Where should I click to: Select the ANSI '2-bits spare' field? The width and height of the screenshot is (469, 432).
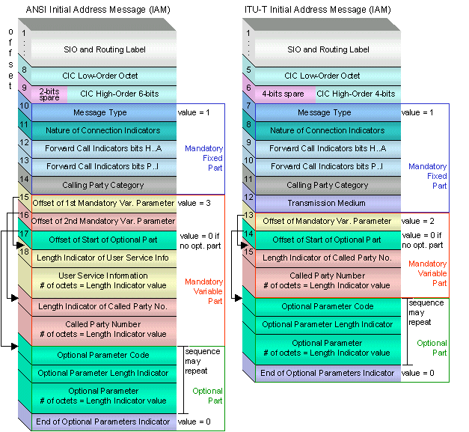49,94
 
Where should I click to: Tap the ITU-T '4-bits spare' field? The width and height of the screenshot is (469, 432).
283,94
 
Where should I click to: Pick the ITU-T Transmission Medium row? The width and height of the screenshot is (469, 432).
328,203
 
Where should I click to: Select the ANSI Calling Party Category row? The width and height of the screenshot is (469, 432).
102,184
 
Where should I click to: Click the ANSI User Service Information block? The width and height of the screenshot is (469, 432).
102,280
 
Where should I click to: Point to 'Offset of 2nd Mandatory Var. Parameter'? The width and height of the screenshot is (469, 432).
102,221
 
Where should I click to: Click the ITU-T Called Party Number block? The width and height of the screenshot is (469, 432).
328,280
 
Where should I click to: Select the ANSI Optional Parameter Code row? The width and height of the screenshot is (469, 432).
102,355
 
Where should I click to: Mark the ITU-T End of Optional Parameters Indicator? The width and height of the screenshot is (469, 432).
328,373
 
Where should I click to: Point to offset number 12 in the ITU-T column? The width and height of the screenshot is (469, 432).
248,197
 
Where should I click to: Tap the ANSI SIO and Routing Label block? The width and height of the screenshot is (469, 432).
102,49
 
